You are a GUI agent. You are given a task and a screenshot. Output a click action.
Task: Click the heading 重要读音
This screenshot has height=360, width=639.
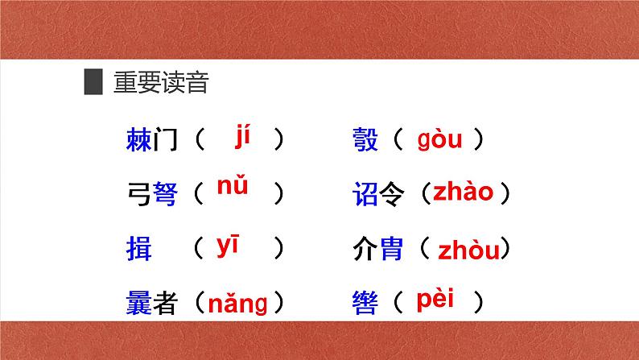click(x=160, y=83)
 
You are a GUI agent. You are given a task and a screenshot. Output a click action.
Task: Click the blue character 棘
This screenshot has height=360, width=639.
click(x=139, y=141)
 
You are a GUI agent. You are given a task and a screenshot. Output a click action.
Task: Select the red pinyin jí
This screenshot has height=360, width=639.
click(x=243, y=137)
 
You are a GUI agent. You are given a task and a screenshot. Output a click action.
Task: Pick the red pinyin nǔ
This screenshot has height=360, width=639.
click(x=233, y=188)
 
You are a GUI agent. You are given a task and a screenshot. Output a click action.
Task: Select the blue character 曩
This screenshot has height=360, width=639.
click(x=139, y=303)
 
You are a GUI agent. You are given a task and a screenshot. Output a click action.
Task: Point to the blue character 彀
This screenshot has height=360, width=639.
click(x=365, y=141)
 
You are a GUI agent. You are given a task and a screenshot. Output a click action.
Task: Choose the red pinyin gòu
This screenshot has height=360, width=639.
click(x=439, y=141)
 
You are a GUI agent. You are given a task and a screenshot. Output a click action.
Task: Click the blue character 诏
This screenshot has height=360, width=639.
click(x=365, y=194)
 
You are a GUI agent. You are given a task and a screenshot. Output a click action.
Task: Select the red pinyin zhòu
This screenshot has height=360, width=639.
click(x=468, y=250)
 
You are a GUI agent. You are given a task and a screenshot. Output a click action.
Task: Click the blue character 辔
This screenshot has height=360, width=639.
click(x=365, y=303)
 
